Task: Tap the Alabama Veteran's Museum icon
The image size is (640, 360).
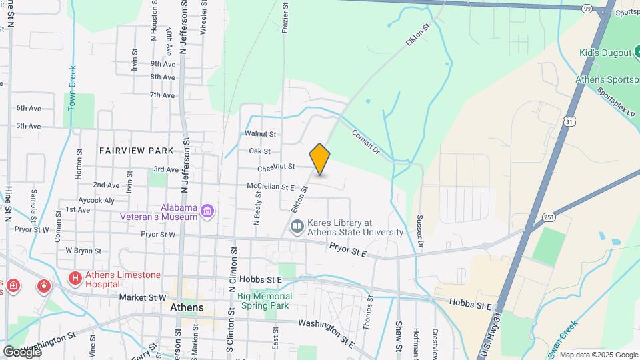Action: pyautogui.click(x=207, y=211)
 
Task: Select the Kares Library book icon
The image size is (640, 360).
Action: pyautogui.click(x=297, y=228)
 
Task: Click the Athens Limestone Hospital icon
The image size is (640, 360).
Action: pyautogui.click(x=75, y=277)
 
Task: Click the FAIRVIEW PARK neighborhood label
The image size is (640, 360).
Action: pyautogui.click(x=136, y=151)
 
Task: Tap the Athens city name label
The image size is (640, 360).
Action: pyautogui.click(x=187, y=308)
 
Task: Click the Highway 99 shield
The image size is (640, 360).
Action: pyautogui.click(x=586, y=9)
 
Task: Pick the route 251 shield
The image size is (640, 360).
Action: pyautogui.click(x=548, y=217)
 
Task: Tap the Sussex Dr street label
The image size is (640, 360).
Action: pyautogui.click(x=419, y=231)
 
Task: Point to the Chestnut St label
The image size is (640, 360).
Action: pyautogui.click(x=275, y=167)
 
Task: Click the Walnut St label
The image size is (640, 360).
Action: pyautogui.click(x=261, y=133)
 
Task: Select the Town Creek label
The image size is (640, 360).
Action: pyautogui.click(x=73, y=88)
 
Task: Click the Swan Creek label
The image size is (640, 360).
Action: pyautogui.click(x=564, y=337)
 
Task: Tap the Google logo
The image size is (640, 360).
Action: pyautogui.click(x=21, y=351)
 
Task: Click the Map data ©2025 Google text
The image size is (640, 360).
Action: pyautogui.click(x=598, y=355)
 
